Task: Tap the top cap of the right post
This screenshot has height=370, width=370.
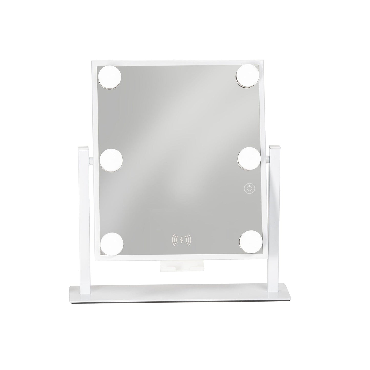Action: coord(275,147)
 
